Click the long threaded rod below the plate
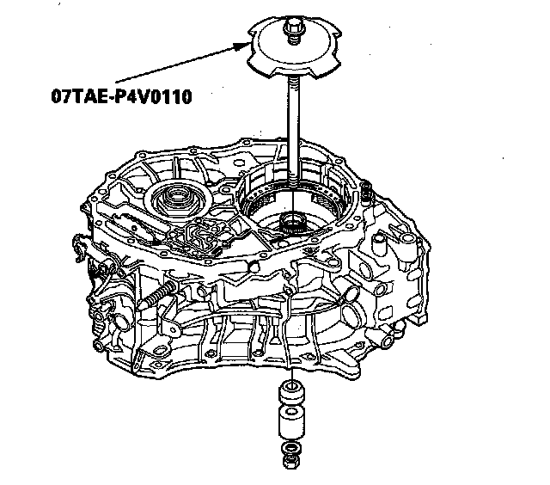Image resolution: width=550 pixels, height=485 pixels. click(x=295, y=129)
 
